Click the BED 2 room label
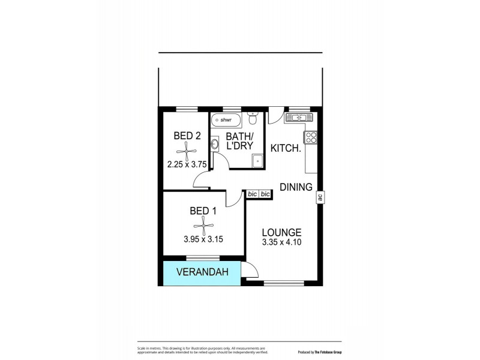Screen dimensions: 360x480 (x=187, y=136)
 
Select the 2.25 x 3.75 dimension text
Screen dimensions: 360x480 (x=187, y=163)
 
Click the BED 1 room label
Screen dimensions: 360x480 (x=203, y=211)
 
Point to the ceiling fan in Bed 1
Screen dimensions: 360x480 (x=203, y=226)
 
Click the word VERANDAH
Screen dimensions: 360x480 (x=203, y=273)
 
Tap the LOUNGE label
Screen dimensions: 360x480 (x=281, y=233)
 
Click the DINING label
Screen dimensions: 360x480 (x=296, y=186)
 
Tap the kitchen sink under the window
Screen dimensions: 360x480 (x=298, y=118)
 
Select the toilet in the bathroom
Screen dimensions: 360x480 (x=254, y=116)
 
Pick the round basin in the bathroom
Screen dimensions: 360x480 (x=215, y=144)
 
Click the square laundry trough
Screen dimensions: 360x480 (x=257, y=160)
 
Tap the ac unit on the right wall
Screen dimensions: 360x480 (x=320, y=196)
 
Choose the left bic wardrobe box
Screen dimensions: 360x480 (x=253, y=194)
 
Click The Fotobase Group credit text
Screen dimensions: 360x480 (x=319, y=352)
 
